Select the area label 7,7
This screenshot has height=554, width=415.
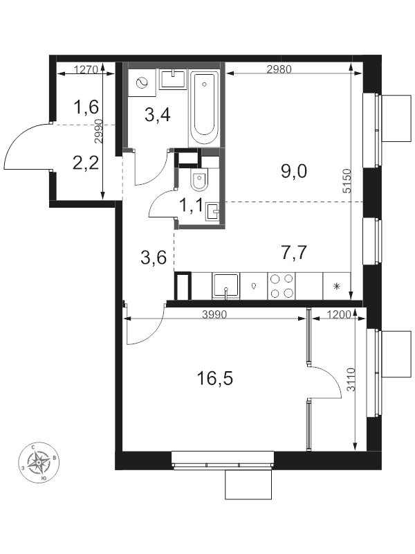[293, 252]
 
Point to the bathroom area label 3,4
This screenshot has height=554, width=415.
[157, 114]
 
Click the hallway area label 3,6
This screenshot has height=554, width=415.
[153, 258]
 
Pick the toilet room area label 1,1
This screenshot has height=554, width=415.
[192, 204]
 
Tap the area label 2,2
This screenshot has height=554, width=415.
[87, 163]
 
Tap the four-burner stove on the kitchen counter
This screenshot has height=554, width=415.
[281, 286]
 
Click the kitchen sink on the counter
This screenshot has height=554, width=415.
[226, 285]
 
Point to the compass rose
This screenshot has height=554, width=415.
[44, 461]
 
